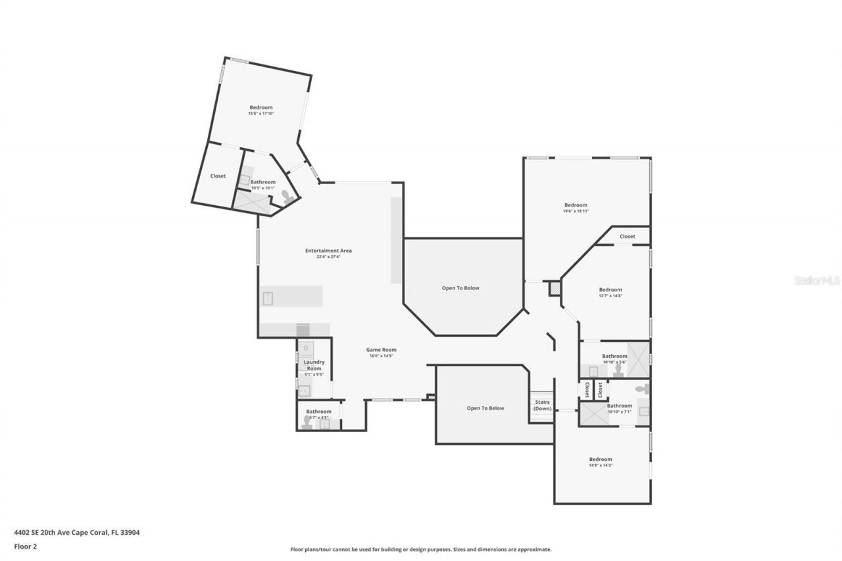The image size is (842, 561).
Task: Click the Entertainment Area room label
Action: click(328, 251)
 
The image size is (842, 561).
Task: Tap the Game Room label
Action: click(382, 350)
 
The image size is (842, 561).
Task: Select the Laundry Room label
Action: click(314, 365)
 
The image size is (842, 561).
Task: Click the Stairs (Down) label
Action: click(542, 405)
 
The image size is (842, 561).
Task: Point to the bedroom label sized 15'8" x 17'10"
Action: click(260, 108)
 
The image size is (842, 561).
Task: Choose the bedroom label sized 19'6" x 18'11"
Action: click(575, 205)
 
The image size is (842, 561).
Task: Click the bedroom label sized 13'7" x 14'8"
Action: click(610, 290)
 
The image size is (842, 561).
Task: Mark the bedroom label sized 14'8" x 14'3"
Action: click(600, 460)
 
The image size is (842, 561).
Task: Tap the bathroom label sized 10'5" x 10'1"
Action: click(262, 182)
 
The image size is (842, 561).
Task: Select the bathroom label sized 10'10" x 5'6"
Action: click(614, 356)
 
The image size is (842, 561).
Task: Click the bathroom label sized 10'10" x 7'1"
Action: click(619, 406)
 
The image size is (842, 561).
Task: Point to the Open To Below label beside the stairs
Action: click(485, 408)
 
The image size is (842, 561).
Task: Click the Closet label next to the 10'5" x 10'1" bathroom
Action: click(218, 176)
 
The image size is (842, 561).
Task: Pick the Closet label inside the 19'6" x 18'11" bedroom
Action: click(627, 236)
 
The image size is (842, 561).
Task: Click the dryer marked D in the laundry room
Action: click(306, 347)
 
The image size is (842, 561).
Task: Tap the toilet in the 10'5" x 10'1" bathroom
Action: click(287, 196)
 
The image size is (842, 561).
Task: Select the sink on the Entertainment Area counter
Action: click(268, 299)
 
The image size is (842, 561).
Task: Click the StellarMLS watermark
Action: click(817, 280)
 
